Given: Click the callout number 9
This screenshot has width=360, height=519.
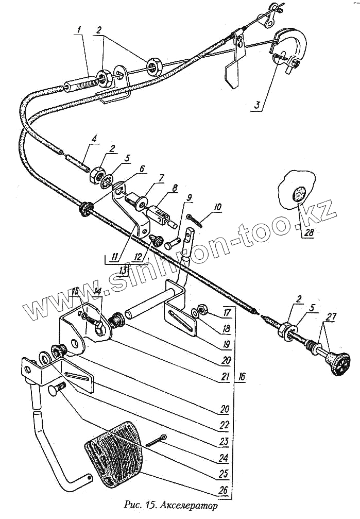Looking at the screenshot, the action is (x=189, y=197).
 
